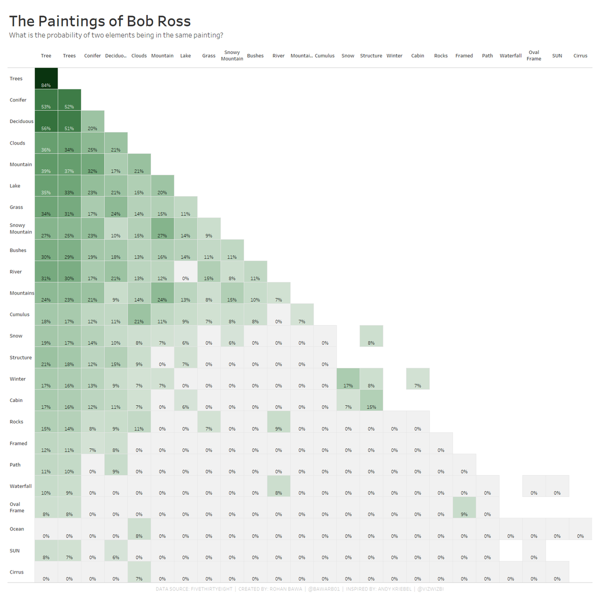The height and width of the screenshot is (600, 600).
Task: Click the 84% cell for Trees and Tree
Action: coord(46,78)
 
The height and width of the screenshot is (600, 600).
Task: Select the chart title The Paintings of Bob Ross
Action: coord(100,21)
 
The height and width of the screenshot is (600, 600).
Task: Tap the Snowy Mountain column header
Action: coord(232,55)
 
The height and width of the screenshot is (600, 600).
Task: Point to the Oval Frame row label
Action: coord(17,507)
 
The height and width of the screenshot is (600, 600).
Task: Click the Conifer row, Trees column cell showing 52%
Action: coord(69,100)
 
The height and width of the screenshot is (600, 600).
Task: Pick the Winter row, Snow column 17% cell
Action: coord(348,379)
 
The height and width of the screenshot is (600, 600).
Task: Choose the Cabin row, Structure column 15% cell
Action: coord(371,400)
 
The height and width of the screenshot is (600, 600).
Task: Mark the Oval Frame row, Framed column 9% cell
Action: coord(464,507)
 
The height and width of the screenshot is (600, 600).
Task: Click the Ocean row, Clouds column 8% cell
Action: coord(139,529)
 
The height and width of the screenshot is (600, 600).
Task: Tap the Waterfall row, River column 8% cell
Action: coord(278,486)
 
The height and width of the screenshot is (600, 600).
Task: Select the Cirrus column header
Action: coord(580,55)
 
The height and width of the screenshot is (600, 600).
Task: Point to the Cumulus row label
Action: coord(19,314)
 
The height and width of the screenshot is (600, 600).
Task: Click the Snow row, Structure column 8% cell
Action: coord(371,336)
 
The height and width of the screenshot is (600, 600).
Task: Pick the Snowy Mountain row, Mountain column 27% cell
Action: coord(162,228)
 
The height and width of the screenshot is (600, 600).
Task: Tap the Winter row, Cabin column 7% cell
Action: coord(417,379)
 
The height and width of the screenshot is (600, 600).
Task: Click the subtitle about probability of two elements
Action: coord(116,35)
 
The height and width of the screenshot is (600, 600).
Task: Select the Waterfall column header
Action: coord(510,55)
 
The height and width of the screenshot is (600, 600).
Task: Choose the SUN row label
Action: coord(15,550)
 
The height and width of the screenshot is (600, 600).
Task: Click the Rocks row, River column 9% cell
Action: coord(278,422)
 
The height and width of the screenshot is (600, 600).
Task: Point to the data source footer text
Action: coord(299,589)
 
